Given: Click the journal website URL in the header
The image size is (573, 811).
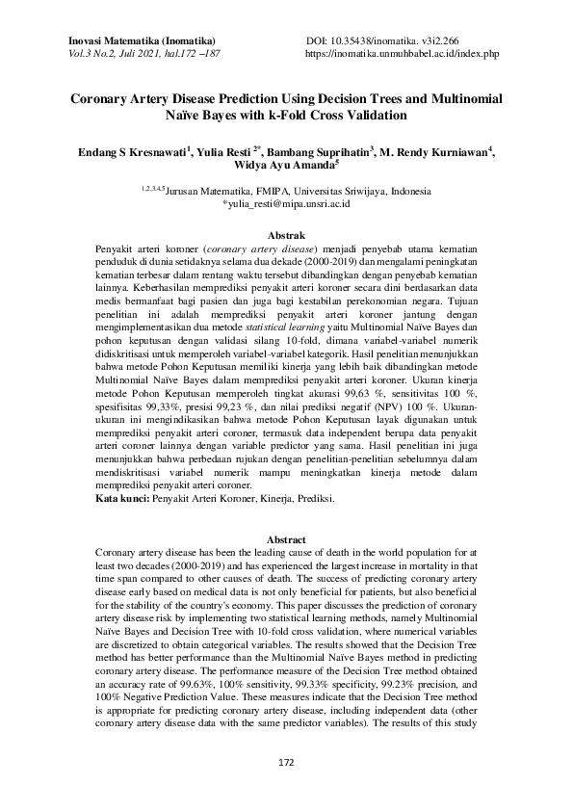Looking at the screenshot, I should click(x=402, y=55).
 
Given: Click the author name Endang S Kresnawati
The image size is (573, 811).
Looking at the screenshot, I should click(x=134, y=152).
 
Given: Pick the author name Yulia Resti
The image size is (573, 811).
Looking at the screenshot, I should click(x=226, y=152).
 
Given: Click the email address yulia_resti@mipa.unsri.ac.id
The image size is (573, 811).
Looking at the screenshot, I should click(x=286, y=205).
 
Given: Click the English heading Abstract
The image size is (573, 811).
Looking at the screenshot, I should click(x=286, y=539).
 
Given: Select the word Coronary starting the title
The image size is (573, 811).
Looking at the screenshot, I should click(x=105, y=99).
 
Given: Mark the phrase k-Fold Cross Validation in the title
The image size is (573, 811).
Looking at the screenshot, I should click(x=326, y=116).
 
